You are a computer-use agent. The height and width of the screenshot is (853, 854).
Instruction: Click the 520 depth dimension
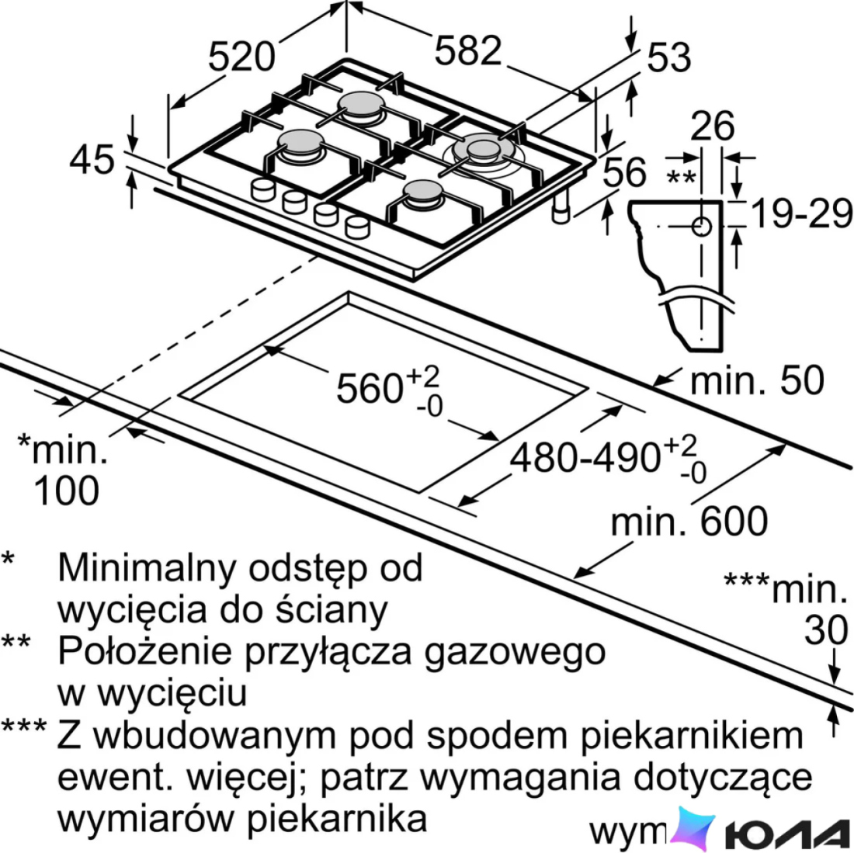point(241,57)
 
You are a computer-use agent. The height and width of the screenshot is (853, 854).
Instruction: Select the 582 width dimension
point(468,50)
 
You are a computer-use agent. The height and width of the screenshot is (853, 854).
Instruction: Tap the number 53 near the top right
point(668,57)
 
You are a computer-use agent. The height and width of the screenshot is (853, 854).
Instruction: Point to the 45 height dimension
point(92,159)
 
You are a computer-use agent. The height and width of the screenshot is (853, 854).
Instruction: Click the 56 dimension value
point(625,172)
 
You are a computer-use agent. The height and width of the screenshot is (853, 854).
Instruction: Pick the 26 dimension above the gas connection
point(713,127)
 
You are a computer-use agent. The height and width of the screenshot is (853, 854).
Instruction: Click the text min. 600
point(689,521)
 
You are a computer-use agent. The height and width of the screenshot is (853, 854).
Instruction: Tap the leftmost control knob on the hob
point(264,189)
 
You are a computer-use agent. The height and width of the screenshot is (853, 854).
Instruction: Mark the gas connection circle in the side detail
point(702,227)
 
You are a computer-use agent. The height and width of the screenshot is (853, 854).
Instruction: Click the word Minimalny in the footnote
point(147,567)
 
